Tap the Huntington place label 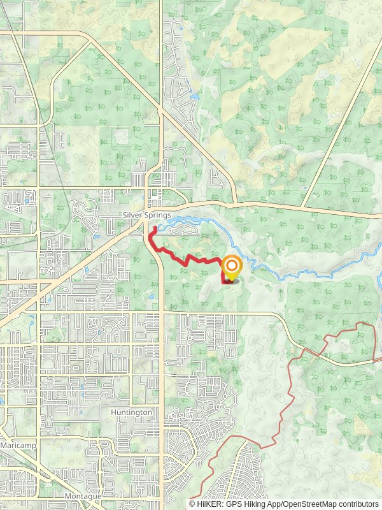click(x=131, y=412)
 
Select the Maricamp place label click(x=18, y=444)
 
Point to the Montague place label click(x=83, y=495)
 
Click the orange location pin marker click(x=232, y=268)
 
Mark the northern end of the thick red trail click(x=155, y=228)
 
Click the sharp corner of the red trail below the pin click(x=222, y=281)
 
